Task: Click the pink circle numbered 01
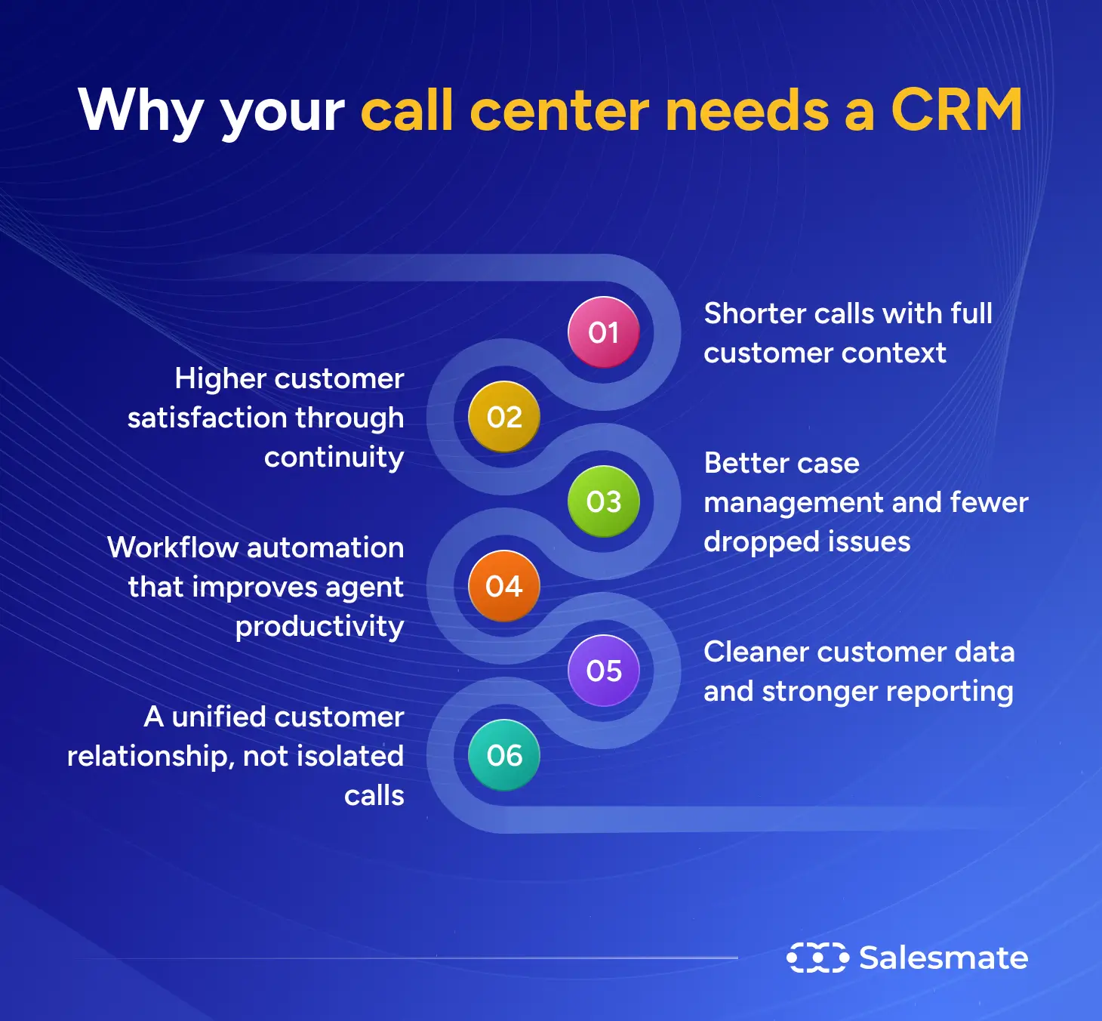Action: (604, 332)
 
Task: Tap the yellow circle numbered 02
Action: (504, 417)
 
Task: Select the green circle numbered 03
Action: (604, 501)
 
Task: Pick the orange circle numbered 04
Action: (504, 586)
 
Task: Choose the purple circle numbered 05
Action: (604, 671)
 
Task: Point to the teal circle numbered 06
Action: (504, 755)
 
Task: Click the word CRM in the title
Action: (956, 110)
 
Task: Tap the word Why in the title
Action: (140, 112)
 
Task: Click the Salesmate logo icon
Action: (817, 958)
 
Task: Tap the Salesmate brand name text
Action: (943, 958)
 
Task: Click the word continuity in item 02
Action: (334, 458)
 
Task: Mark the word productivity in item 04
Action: (320, 627)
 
